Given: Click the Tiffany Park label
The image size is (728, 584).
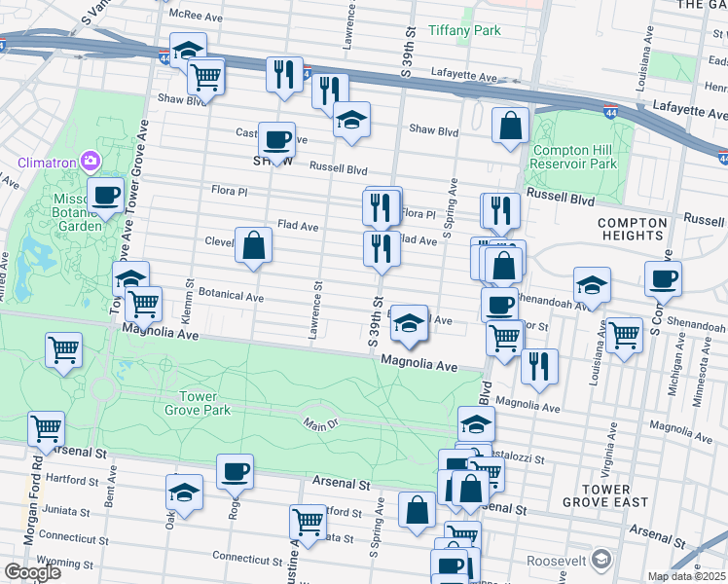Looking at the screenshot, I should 464,30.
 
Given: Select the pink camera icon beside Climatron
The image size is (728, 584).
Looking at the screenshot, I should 90,160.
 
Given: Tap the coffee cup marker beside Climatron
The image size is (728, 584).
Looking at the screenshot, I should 105,195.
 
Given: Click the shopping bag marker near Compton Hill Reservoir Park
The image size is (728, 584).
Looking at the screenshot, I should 511,126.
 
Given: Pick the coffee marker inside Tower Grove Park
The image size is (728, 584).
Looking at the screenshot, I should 235,472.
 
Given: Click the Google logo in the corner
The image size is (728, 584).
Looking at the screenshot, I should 32,572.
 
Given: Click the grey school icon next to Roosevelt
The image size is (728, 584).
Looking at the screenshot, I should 601,560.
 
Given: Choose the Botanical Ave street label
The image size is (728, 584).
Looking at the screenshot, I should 232,295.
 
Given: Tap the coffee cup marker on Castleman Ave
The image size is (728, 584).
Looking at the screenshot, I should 276,139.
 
